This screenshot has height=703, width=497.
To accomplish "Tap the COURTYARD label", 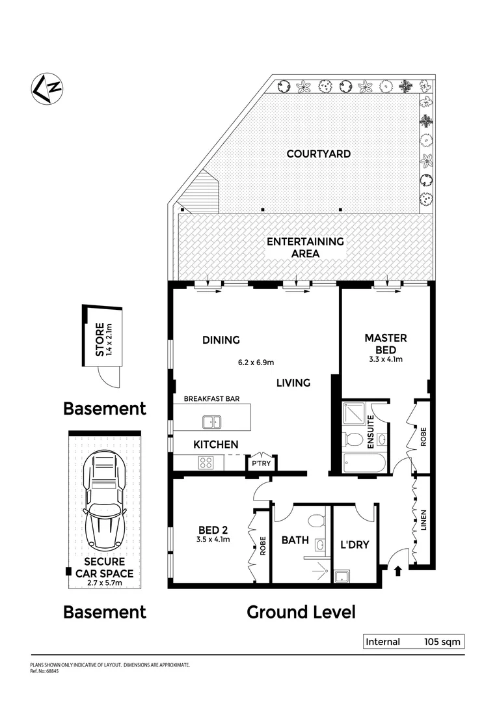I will click(318, 154).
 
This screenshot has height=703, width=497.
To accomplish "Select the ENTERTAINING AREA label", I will click(305, 247).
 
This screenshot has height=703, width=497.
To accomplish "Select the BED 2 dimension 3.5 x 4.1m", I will click(215, 539).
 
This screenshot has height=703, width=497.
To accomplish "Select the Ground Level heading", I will click(301, 612).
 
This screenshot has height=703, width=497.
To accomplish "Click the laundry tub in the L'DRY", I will click(340, 575).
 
